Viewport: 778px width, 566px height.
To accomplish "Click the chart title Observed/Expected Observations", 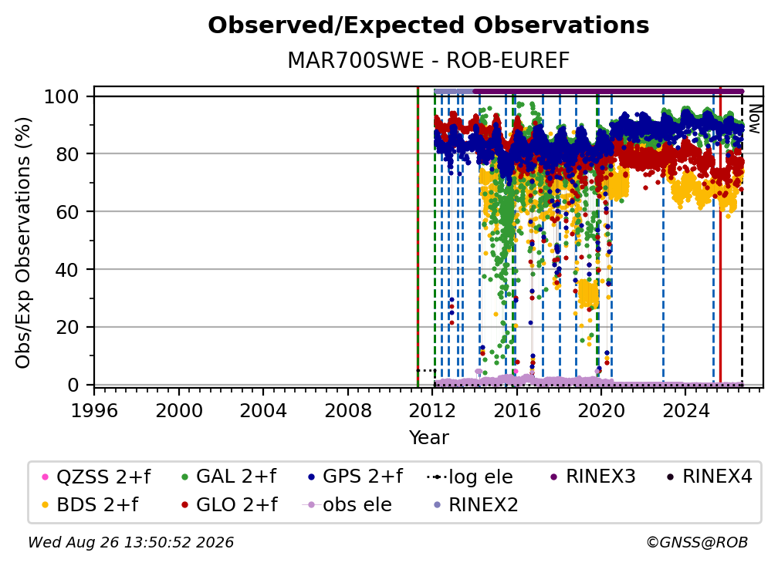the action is pos(428,25).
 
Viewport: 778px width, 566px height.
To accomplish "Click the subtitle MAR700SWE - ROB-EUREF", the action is pos(428,61).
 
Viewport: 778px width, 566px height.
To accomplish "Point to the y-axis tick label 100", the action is pos(62,96).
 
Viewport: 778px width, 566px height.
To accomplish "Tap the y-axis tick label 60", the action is pos(67,212).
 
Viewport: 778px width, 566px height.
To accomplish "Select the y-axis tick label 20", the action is pos(67,328).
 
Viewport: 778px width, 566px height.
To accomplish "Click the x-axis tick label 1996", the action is pos(94,411).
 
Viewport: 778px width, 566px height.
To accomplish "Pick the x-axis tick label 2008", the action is pos(348,411).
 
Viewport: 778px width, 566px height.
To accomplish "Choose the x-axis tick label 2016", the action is pos(516,411).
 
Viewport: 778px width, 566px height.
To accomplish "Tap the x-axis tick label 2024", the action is pos(685,411).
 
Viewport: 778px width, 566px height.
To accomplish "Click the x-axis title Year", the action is pos(428,438).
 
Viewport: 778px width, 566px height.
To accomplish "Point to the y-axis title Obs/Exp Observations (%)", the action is pos(23,243).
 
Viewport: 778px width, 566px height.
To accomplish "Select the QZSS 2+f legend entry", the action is pos(96,477).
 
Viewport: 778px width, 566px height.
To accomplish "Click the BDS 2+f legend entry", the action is pos(90,505).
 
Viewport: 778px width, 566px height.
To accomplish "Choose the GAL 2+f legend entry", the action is pos(228,477).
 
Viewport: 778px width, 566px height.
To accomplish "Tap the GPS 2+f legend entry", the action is pos(355,477).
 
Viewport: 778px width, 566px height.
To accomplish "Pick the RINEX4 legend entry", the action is pos(709,477).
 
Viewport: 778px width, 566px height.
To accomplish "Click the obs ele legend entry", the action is pos(347,505).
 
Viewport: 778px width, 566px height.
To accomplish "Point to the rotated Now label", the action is pos(754,119).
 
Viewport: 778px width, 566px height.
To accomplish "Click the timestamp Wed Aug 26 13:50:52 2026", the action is pos(131,543).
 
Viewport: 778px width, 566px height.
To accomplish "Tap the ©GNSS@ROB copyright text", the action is pos(697,543).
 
